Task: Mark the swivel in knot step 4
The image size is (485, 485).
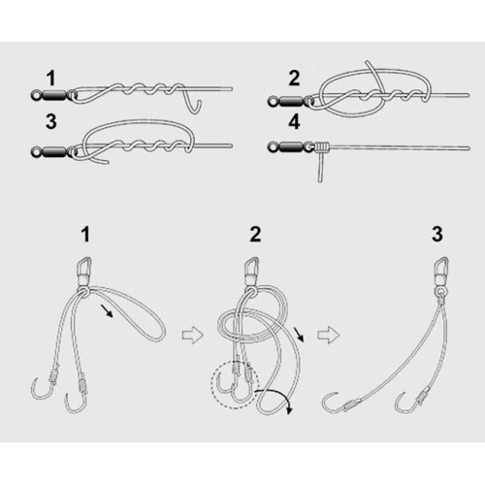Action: tap(290, 146)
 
